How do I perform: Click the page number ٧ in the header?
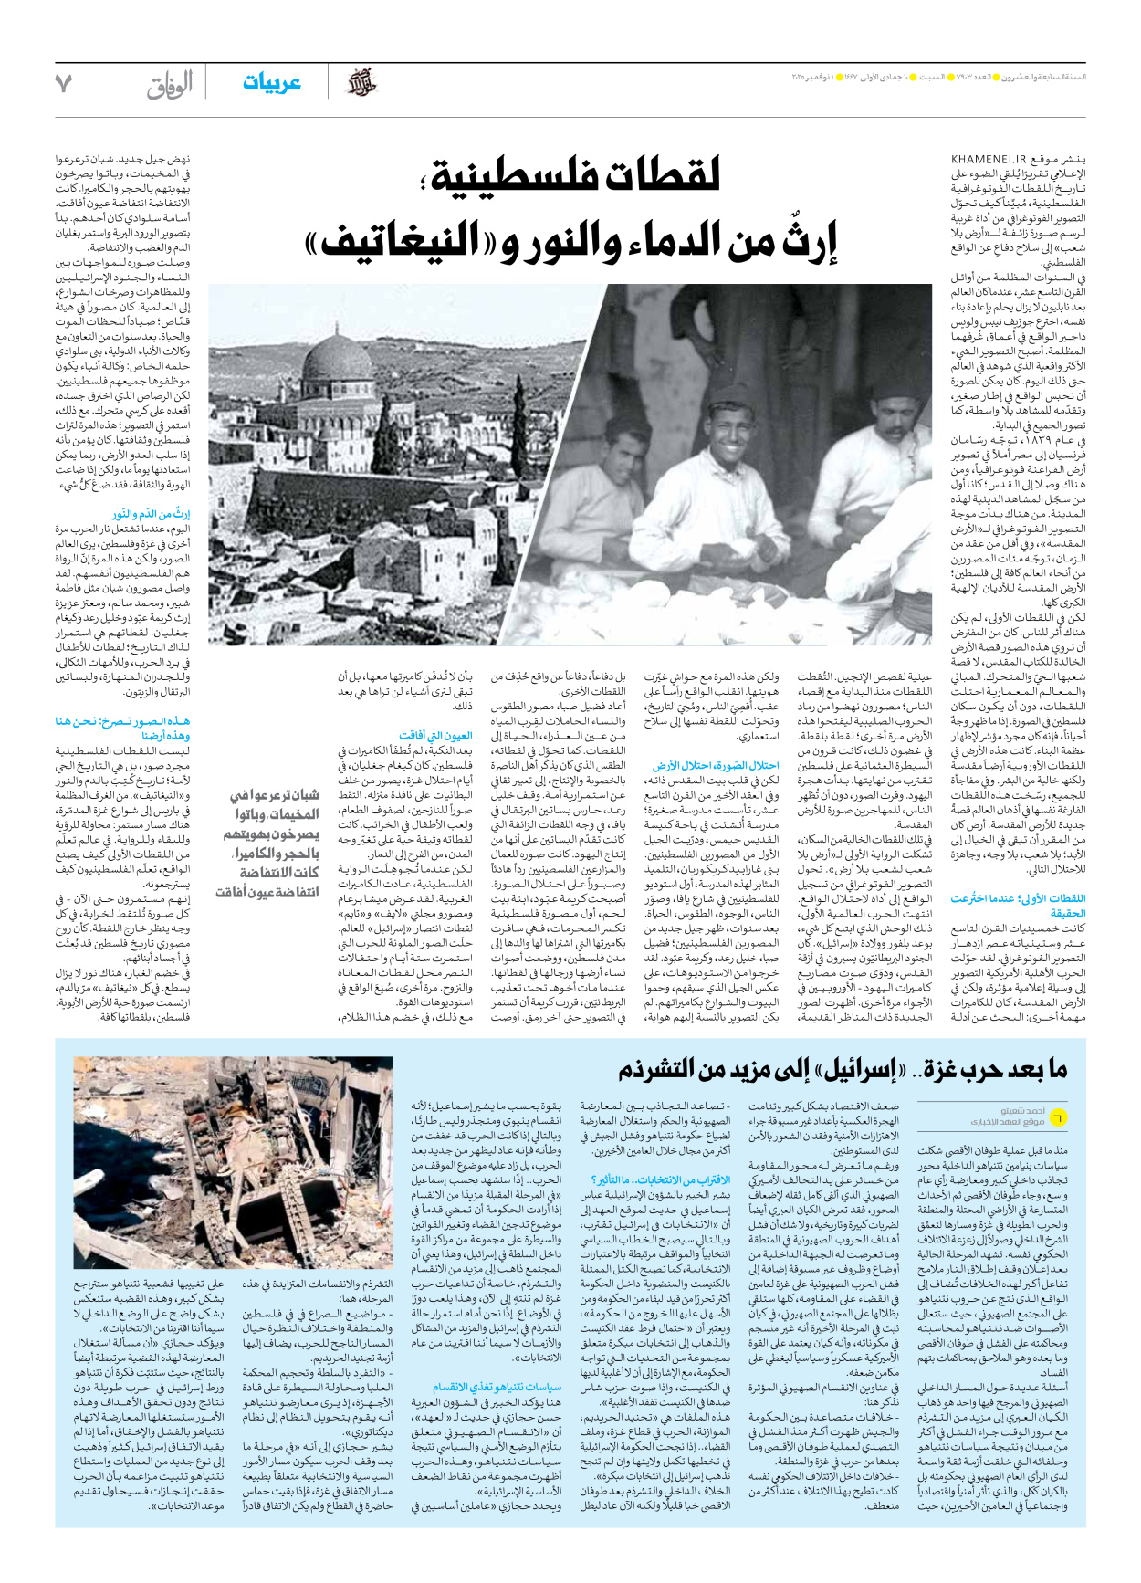[x=63, y=84]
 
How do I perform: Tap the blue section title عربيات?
[x=271, y=83]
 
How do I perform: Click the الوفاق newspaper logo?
[x=171, y=84]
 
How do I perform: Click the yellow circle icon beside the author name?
[x=1057, y=1116]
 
